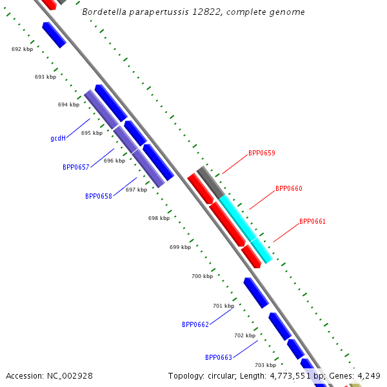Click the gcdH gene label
tap(58, 139)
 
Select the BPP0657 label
tap(75, 167)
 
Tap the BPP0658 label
tap(98, 196)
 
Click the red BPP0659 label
tap(261, 154)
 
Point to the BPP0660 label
tap(288, 189)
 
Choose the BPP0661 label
tap(312, 222)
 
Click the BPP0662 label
tap(195, 325)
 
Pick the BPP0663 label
tap(219, 357)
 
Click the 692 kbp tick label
tap(22, 49)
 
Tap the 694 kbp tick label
tap(68, 104)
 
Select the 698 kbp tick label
tap(159, 218)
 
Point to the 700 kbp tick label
tap(202, 276)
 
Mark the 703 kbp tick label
tap(265, 365)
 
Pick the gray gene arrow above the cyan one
tap(210, 182)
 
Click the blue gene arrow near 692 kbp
tap(54, 34)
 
